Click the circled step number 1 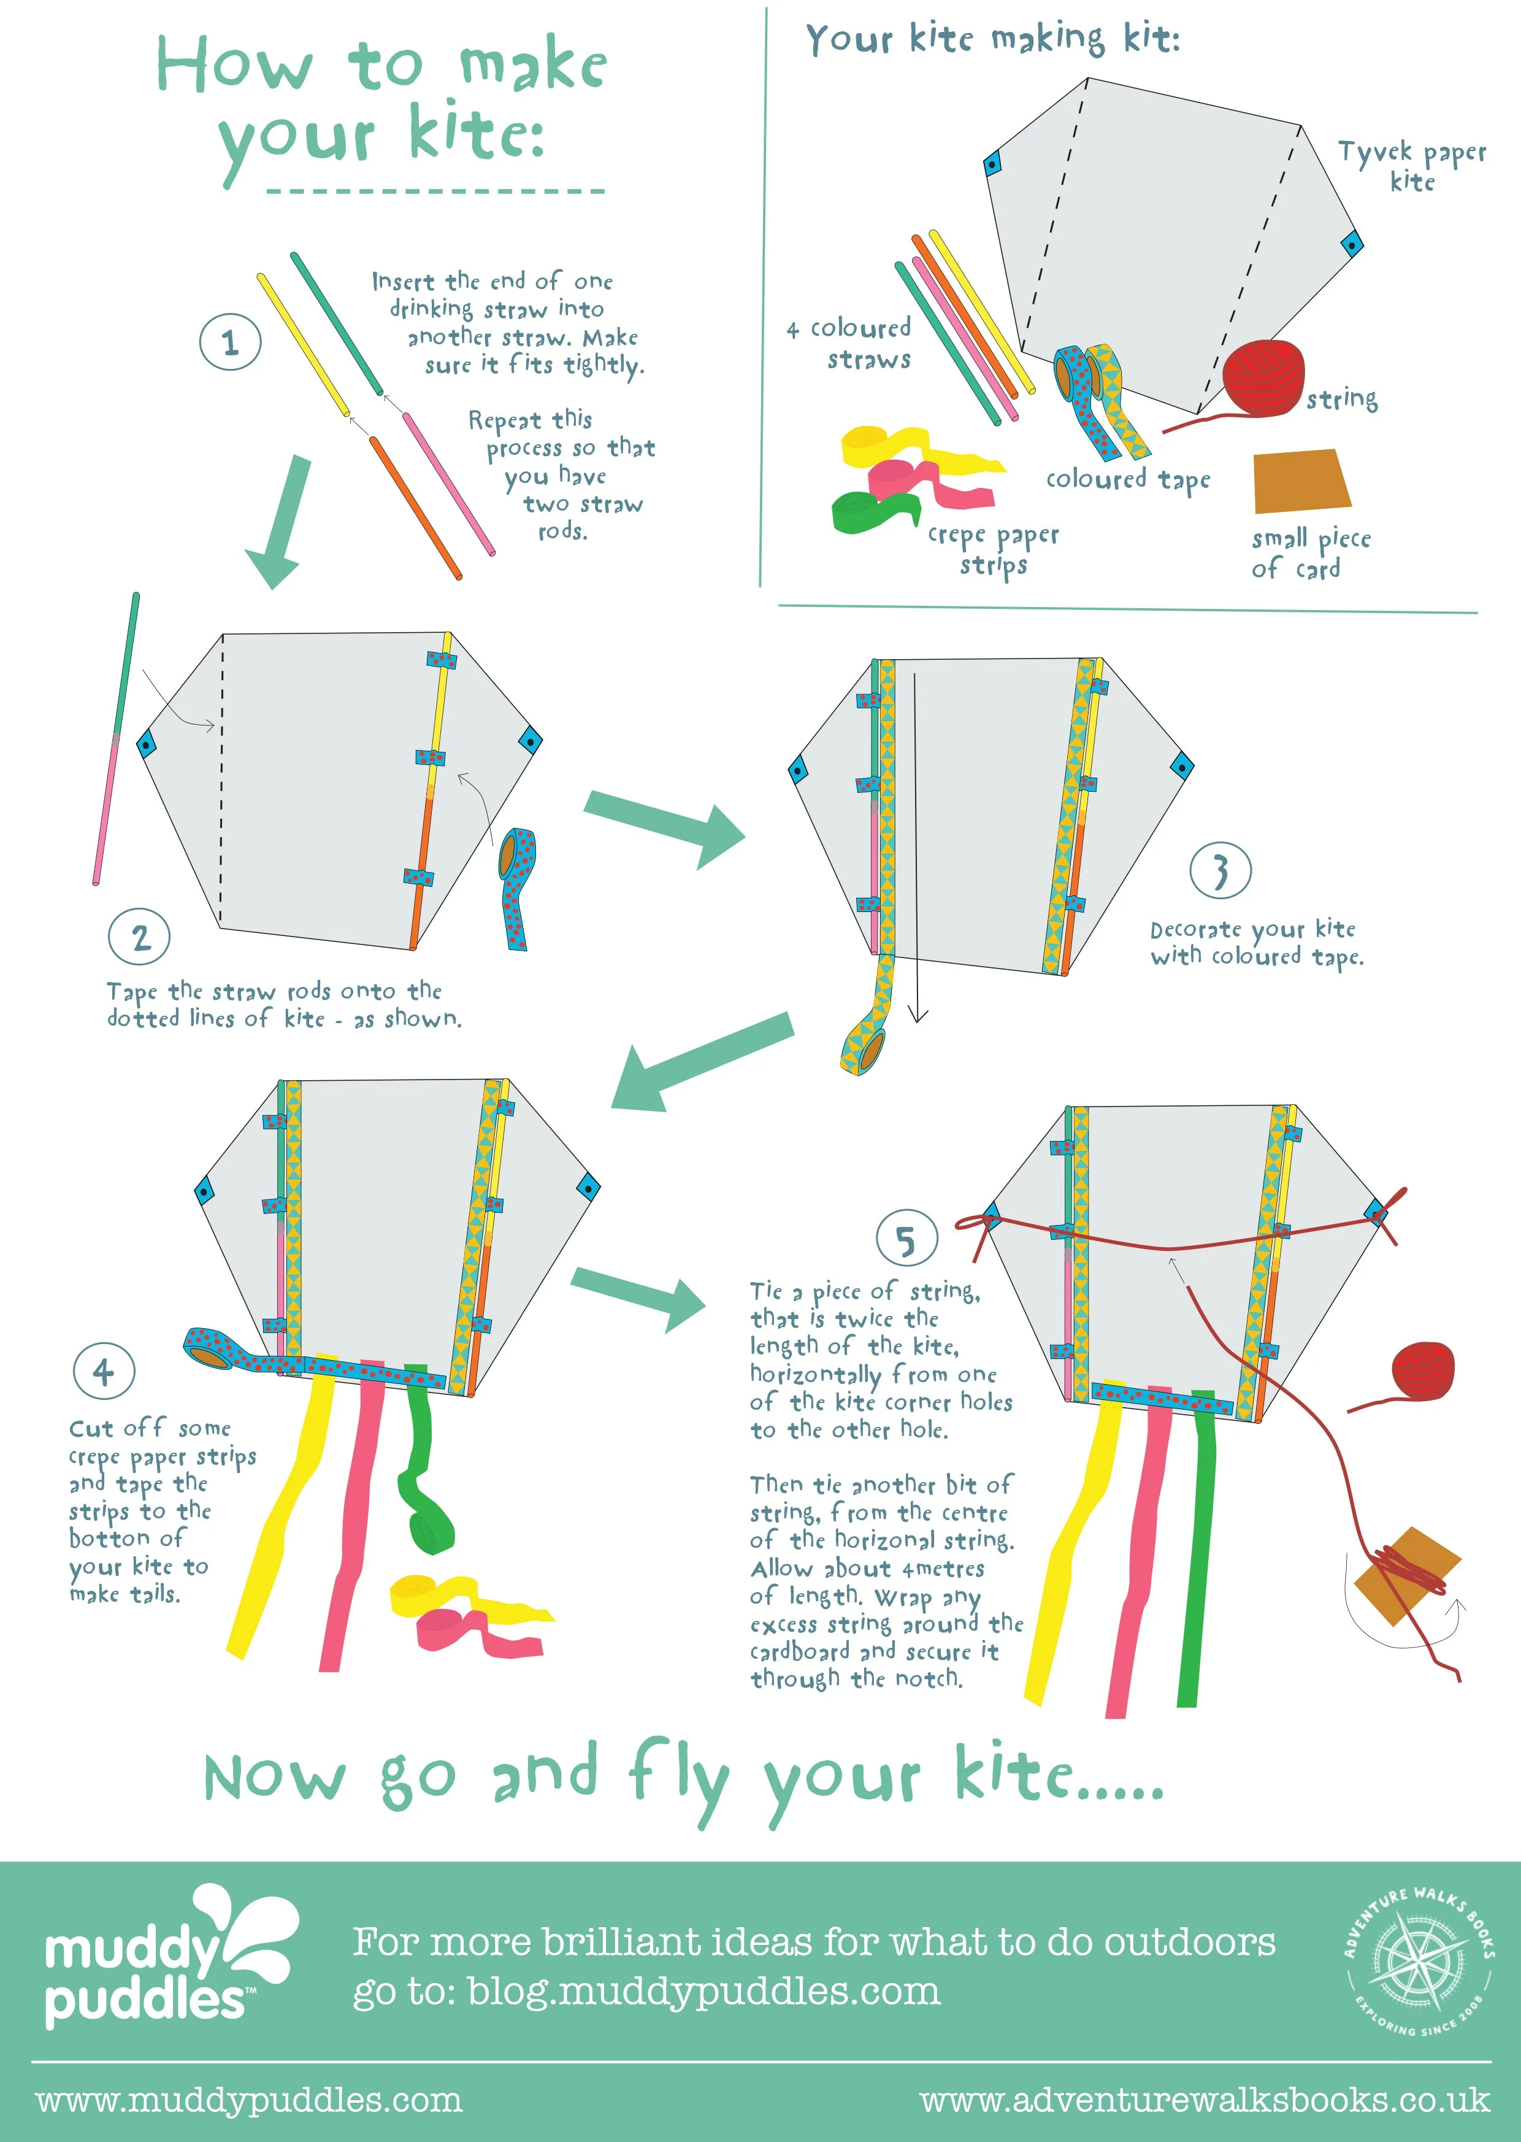point(231,342)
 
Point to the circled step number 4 point(104,1372)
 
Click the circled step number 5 point(906,1239)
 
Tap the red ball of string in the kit point(1265,377)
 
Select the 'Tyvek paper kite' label point(1411,166)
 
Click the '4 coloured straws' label point(849,343)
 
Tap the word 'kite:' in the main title point(476,134)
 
